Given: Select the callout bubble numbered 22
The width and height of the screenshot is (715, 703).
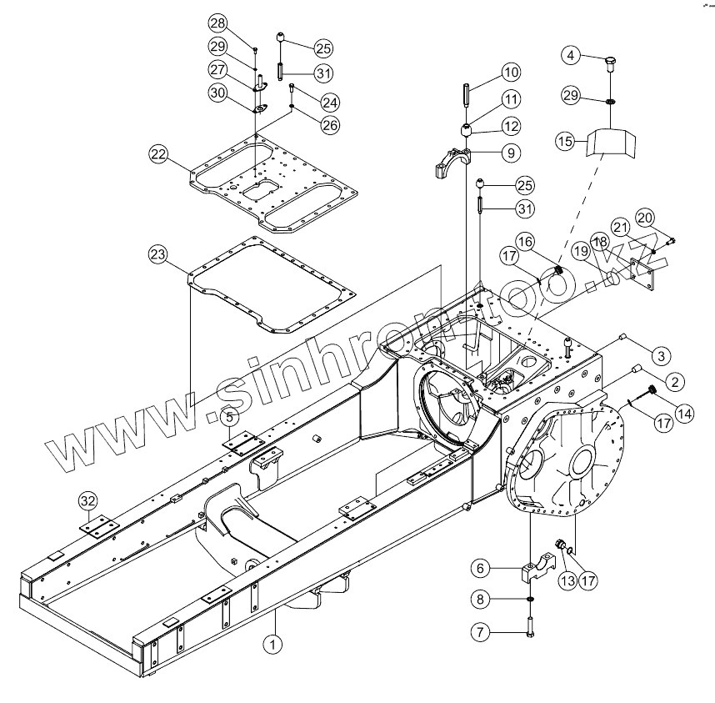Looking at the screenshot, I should tap(158, 153).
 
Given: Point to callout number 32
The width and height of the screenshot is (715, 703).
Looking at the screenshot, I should tap(87, 500).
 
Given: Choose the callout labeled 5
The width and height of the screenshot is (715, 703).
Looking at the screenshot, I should tap(229, 414).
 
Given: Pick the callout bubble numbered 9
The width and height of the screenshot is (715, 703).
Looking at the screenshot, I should tap(510, 153).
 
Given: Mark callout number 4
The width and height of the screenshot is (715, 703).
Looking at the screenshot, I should tap(571, 56).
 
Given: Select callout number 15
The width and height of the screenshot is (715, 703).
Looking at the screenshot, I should tap(566, 142).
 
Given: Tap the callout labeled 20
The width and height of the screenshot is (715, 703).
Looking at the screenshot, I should tap(644, 216).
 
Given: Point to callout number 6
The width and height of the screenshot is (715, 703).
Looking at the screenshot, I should tap(480, 568).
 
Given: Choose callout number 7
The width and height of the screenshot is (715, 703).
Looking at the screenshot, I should tap(480, 632).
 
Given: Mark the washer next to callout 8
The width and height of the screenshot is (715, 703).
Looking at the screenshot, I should tap(530, 600).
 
